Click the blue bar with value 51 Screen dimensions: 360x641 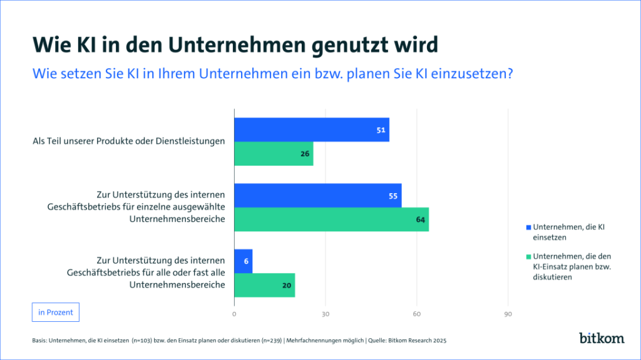pos(311,129)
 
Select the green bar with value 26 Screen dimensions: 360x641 pos(273,154)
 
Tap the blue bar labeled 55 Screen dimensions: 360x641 pos(317,195)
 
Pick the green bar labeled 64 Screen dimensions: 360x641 pos(331,219)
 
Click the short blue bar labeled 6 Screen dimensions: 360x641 pos(243,261)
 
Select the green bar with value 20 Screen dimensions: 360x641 pos(264,285)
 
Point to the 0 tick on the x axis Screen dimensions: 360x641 pos(234,314)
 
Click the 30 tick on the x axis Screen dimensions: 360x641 pos(326,314)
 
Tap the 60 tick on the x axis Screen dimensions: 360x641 pos(417,314)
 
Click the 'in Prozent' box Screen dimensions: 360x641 pos(55,312)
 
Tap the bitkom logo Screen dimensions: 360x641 pos(602,338)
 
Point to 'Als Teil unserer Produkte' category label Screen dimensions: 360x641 pos(128,141)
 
